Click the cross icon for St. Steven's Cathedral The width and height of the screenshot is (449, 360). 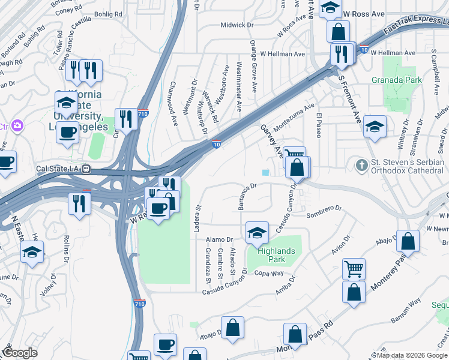[361, 164]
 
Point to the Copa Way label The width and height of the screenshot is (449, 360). [268, 274]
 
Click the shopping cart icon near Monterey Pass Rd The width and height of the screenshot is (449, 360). [354, 269]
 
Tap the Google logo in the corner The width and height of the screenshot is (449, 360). [20, 353]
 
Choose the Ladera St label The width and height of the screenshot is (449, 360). [197, 215]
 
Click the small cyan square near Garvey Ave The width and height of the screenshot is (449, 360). [265, 173]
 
